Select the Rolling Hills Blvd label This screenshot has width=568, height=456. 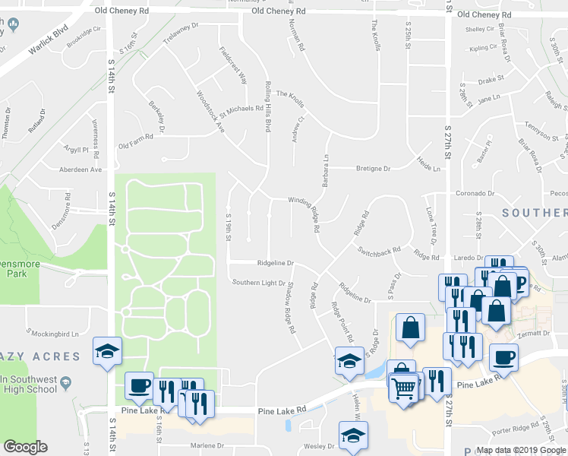pyautogui.click(x=267, y=107)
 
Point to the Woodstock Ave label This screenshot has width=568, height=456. pyautogui.click(x=210, y=112)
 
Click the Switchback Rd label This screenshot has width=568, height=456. pyautogui.click(x=379, y=251)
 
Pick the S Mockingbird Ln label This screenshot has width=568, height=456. pyautogui.click(x=52, y=333)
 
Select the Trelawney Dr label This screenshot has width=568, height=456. pyautogui.click(x=180, y=35)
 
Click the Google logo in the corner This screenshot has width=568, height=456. pyautogui.click(x=25, y=447)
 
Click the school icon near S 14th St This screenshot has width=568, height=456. pyautogui.click(x=106, y=350)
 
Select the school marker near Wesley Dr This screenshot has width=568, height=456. pyautogui.click(x=353, y=435)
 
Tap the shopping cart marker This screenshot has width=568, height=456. pyautogui.click(x=403, y=388)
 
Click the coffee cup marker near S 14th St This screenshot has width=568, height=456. pyautogui.click(x=138, y=385)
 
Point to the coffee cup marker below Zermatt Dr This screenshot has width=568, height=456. pyautogui.click(x=504, y=356)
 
